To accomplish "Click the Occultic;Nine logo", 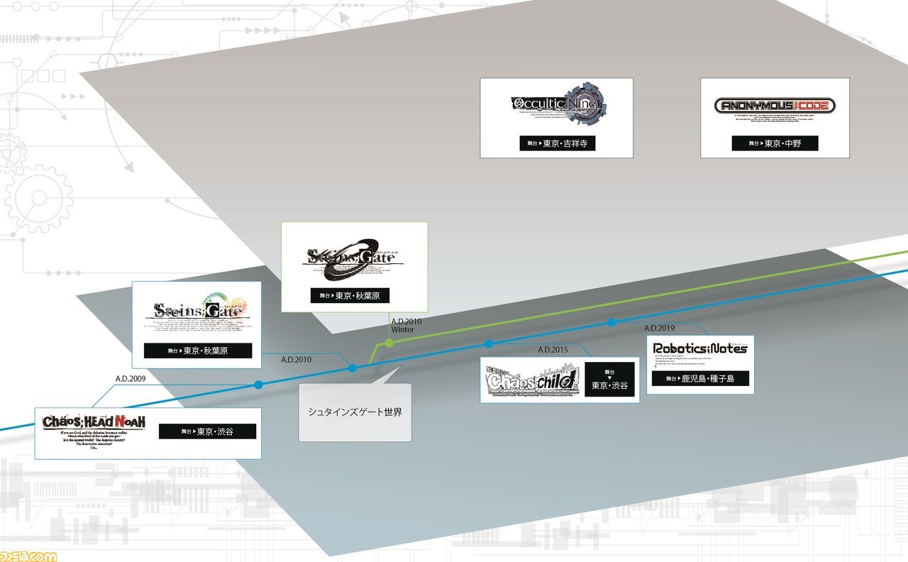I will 556,106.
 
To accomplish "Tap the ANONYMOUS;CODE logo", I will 774,106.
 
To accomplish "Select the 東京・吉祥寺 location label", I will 556,143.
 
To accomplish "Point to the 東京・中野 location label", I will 775,143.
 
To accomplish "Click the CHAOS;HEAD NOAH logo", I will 94,422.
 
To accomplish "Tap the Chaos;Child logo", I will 531,380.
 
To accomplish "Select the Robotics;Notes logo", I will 700,348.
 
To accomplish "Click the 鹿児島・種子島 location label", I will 700,379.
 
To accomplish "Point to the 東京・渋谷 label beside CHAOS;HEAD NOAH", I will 207,431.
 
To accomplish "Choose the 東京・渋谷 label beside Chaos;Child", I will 609,380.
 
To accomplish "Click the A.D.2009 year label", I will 131,378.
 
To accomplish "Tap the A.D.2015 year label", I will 553,350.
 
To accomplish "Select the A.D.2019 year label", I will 659,328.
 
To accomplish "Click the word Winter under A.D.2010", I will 403,330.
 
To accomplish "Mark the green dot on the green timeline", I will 389,343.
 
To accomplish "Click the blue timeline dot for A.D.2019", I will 611,323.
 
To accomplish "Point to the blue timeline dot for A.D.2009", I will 258,385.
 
